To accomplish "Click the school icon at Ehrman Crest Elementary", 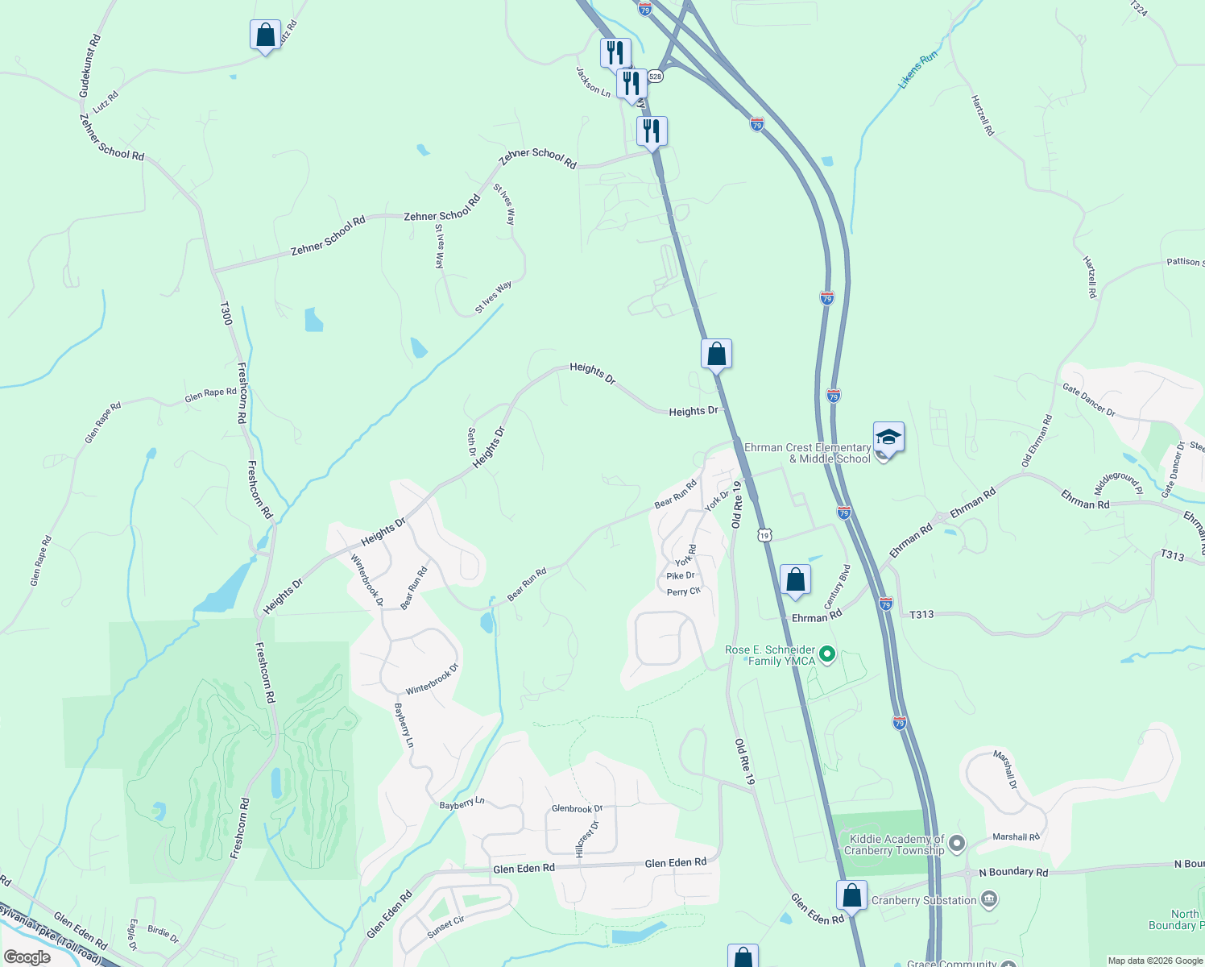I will (x=888, y=438).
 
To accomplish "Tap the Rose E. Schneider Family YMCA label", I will (x=770, y=655).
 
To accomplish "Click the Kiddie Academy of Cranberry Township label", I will (x=894, y=845).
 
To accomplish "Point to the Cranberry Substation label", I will (x=924, y=900).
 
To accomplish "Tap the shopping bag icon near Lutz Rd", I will (x=265, y=35).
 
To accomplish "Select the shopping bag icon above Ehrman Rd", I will (x=795, y=580).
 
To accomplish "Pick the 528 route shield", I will (x=655, y=77).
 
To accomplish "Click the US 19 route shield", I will (x=764, y=534).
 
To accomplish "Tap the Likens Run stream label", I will (x=918, y=69).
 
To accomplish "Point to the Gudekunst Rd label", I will (x=89, y=66).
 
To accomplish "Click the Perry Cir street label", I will (x=684, y=591).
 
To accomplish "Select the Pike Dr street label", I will (x=681, y=575).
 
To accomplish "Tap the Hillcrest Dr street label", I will (x=587, y=838).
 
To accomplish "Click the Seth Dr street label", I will (x=473, y=442).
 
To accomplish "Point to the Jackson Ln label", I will (x=593, y=81).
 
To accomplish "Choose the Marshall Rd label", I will (x=1016, y=836).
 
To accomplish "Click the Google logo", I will (x=27, y=957).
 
